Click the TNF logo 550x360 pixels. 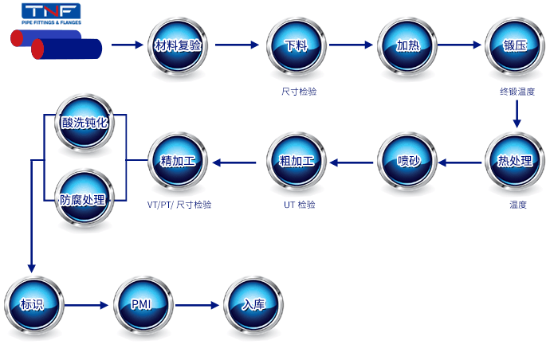pyautogui.click(x=51, y=14)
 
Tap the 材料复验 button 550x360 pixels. pyautogui.click(x=178, y=45)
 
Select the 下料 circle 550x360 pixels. pyautogui.click(x=297, y=45)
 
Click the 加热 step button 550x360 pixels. pyautogui.click(x=407, y=45)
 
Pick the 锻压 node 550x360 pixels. pyautogui.click(x=515, y=45)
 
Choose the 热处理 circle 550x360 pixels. pyautogui.click(x=515, y=161)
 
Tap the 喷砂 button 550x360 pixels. pyautogui.click(x=407, y=161)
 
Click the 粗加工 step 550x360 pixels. pyautogui.click(x=297, y=161)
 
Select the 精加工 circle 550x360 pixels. pyautogui.click(x=178, y=161)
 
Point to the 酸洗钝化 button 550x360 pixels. pyautogui.click(x=84, y=123)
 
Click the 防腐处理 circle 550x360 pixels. pyautogui.click(x=84, y=199)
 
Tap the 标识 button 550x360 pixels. pyautogui.click(x=34, y=305)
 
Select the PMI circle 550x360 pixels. pyautogui.click(x=143, y=305)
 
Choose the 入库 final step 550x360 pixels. pyautogui.click(x=253, y=305)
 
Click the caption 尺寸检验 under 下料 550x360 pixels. pyautogui.click(x=299, y=92)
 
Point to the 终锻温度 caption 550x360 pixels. pyautogui.click(x=517, y=92)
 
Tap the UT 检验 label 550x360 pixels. pyautogui.click(x=299, y=205)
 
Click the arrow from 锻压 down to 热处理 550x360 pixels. pyautogui.click(x=517, y=114)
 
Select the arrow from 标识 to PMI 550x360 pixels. pyautogui.click(x=86, y=305)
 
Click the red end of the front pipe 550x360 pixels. pyautogui.click(x=37, y=49)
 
